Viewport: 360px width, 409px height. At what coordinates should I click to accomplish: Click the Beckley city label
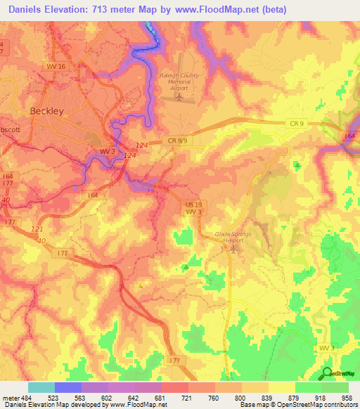click(46, 111)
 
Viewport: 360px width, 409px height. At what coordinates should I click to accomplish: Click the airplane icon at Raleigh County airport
click(179, 96)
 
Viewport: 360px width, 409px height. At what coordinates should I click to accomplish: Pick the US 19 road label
click(194, 203)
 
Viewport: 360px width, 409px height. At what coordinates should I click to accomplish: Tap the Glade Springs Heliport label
click(232, 236)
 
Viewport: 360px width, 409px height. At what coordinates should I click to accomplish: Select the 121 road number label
click(37, 230)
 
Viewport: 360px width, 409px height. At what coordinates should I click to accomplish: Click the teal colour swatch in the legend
click(41, 387)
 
